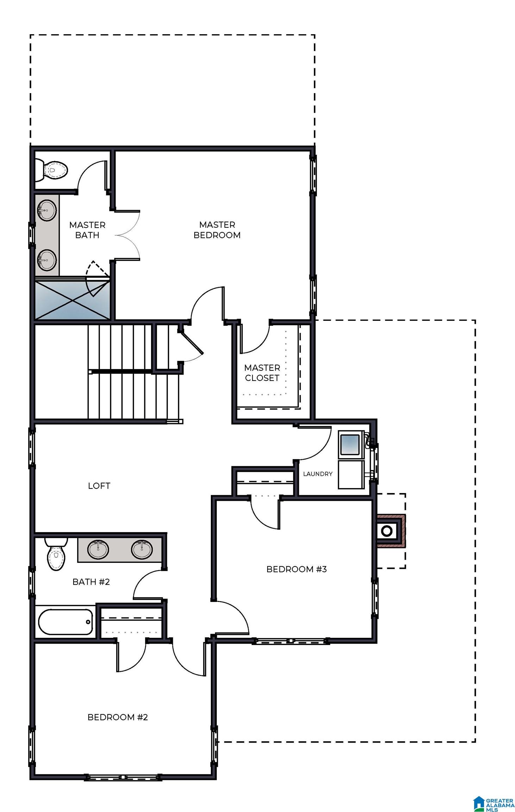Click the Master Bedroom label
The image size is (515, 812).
pyautogui.click(x=217, y=229)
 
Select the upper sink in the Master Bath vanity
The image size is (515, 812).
pyautogui.click(x=46, y=210)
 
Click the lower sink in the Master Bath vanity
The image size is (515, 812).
pyautogui.click(x=46, y=260)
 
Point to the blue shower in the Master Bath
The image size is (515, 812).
pyautogui.click(x=72, y=300)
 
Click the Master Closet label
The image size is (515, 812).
pyautogui.click(x=262, y=373)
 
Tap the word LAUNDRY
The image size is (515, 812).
pyautogui.click(x=318, y=474)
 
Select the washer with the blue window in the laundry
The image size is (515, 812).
pyautogui.click(x=351, y=444)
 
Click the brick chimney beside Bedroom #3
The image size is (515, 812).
pyautogui.click(x=391, y=530)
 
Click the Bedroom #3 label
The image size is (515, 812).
pyautogui.click(x=296, y=569)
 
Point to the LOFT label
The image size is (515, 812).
pyautogui.click(x=99, y=486)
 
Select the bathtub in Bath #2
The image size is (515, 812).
pyautogui.click(x=65, y=622)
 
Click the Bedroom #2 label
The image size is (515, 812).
pyautogui.click(x=118, y=717)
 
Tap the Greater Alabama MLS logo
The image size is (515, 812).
pyautogui.click(x=493, y=799)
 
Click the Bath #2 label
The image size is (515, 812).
pyautogui.click(x=91, y=582)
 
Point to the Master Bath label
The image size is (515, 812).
pyautogui.click(x=87, y=230)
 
